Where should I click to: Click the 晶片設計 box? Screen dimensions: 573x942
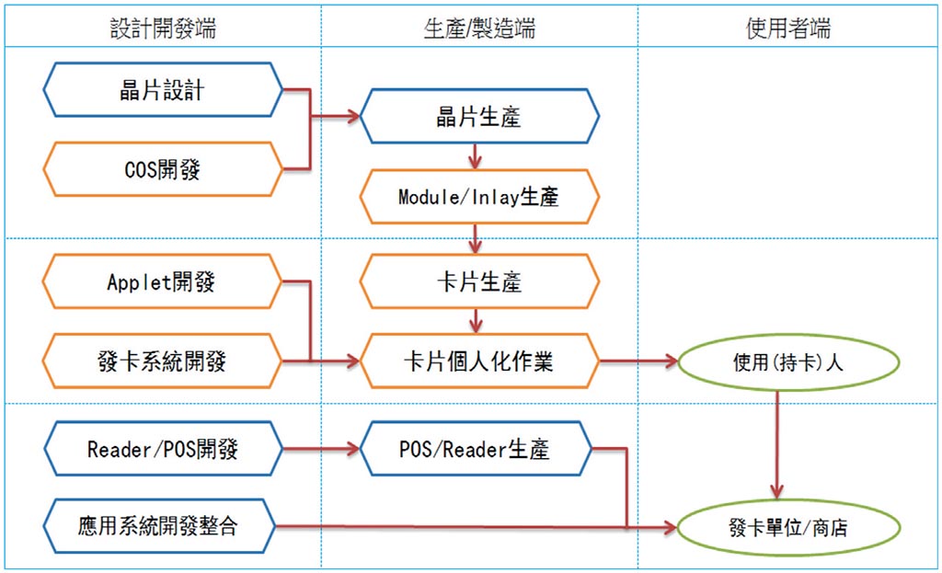click(x=163, y=90)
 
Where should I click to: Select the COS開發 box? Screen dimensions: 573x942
click(x=163, y=169)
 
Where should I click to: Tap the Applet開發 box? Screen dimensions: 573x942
click(x=163, y=281)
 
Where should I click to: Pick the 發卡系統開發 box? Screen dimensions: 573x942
click(x=163, y=361)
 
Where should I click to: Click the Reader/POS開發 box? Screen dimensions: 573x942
click(x=163, y=449)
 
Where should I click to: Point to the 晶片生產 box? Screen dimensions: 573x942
click(x=478, y=117)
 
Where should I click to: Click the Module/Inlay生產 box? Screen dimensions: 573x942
click(x=478, y=196)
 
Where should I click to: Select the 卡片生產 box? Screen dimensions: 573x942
click(x=478, y=281)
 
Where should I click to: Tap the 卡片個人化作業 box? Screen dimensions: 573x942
click(x=478, y=361)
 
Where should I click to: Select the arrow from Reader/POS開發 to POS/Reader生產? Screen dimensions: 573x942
click(x=318, y=450)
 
